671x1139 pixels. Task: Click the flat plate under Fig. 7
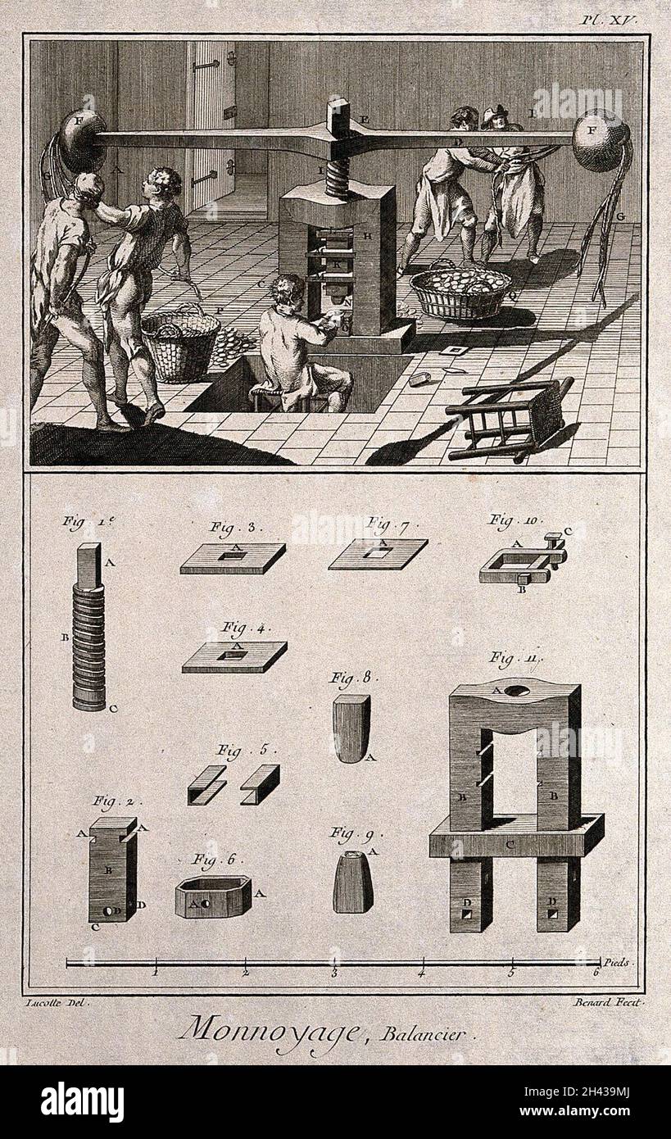pyautogui.click(x=378, y=553)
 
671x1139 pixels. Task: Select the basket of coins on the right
pyautogui.click(x=460, y=293)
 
